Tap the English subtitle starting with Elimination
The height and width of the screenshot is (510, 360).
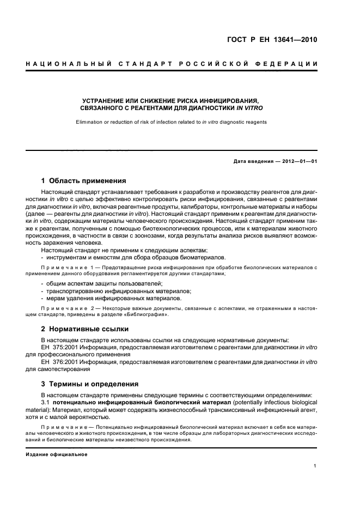point(172,122)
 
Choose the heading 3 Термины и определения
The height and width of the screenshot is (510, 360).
point(86,384)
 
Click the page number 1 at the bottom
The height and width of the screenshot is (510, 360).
point(315,466)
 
